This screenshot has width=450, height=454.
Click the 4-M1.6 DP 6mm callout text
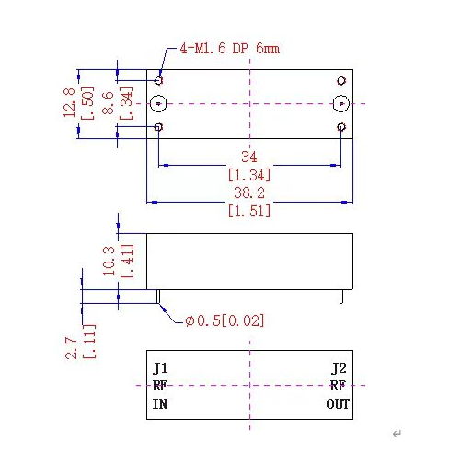pyautogui.click(x=230, y=49)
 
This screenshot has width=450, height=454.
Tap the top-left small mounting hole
pyautogui.click(x=158, y=81)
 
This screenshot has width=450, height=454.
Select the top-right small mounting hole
pyautogui.click(x=341, y=81)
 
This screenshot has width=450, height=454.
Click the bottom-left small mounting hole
pyautogui.click(x=158, y=127)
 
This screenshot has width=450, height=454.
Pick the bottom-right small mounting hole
pyautogui.click(x=341, y=127)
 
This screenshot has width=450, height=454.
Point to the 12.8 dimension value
pyautogui.click(x=70, y=103)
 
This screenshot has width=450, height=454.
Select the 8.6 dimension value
pyautogui.click(x=108, y=103)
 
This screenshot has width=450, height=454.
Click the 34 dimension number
pyautogui.click(x=249, y=157)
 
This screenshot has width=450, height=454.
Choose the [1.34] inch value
pyautogui.click(x=249, y=175)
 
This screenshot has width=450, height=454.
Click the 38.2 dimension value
pyautogui.click(x=249, y=193)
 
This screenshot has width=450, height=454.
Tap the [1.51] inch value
pyautogui.click(x=249, y=211)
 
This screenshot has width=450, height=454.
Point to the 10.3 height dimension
pyautogui.click(x=109, y=262)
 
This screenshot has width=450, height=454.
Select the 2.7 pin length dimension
pyautogui.click(x=71, y=348)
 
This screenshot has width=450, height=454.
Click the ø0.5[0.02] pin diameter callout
pyautogui.click(x=225, y=320)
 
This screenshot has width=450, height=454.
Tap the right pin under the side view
pyautogui.click(x=341, y=297)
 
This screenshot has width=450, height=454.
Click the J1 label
pyautogui.click(x=160, y=368)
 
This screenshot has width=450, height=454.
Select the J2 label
pyautogui.click(x=339, y=368)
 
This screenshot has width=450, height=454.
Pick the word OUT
pyautogui.click(x=338, y=404)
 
